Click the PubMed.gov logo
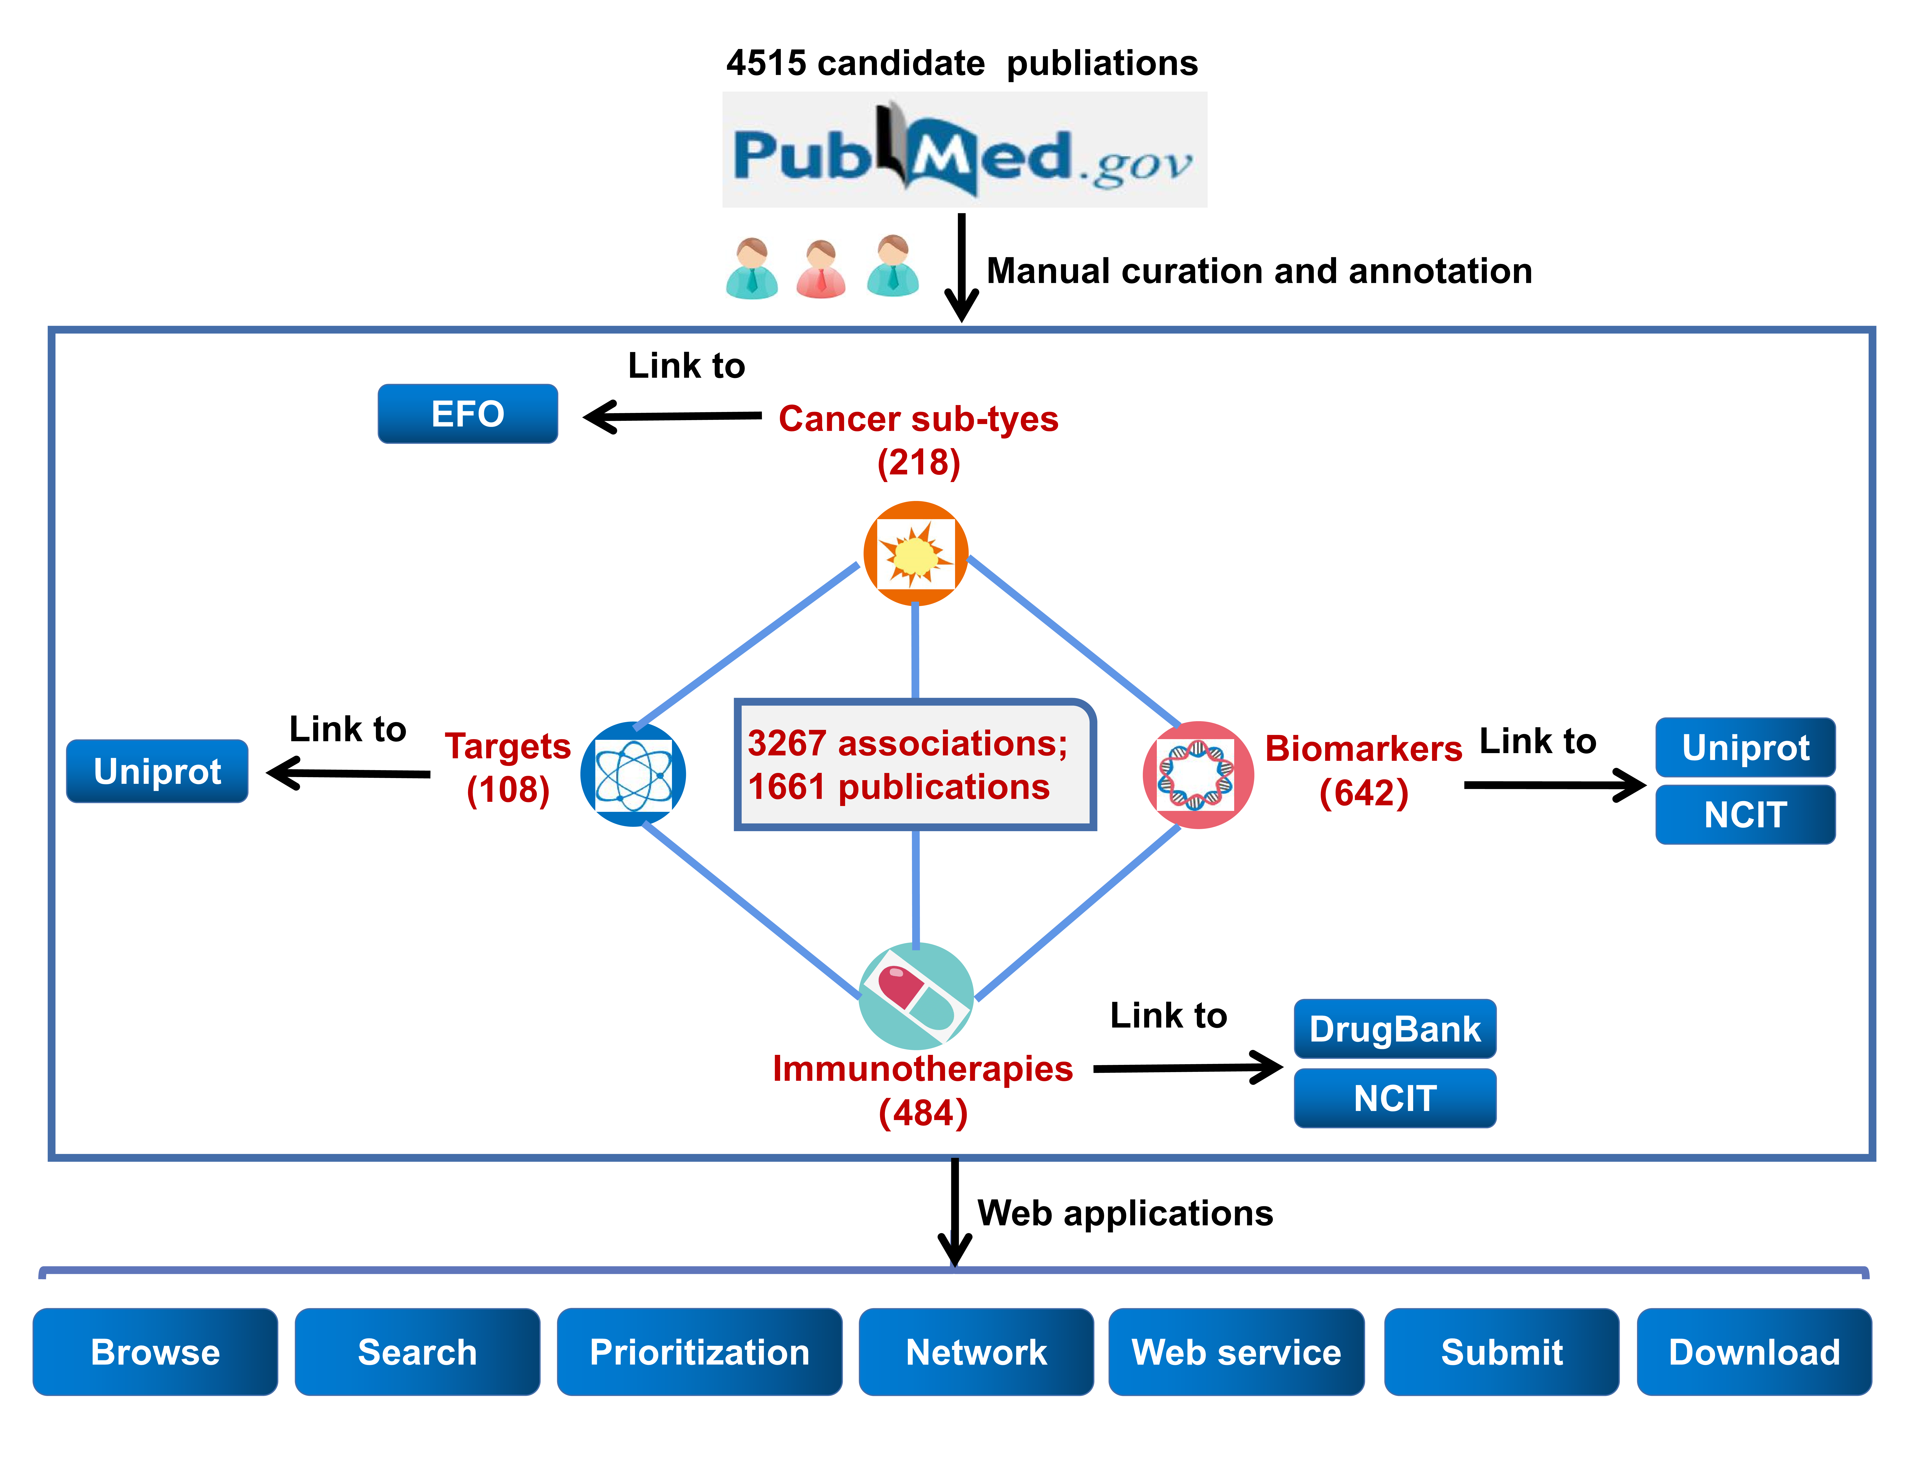point(964,149)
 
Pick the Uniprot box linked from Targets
point(157,771)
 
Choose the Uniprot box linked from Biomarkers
point(1746,747)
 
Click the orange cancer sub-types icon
point(916,553)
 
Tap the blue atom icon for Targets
point(633,774)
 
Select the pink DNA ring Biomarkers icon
point(1198,774)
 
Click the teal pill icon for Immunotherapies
point(916,996)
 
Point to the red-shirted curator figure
point(821,269)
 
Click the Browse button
point(155,1352)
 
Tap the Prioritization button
point(700,1352)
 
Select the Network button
point(976,1352)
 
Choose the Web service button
point(1236,1352)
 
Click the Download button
point(1754,1352)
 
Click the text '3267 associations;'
point(908,744)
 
